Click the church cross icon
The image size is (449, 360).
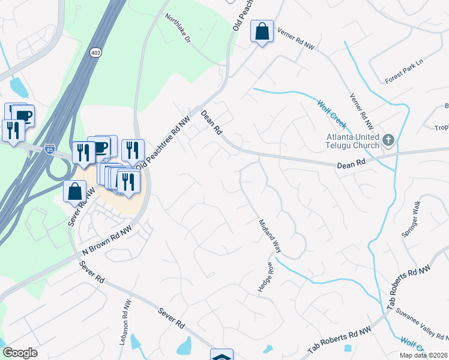click(388, 141)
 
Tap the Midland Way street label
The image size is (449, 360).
click(270, 235)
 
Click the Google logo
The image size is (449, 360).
click(19, 353)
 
